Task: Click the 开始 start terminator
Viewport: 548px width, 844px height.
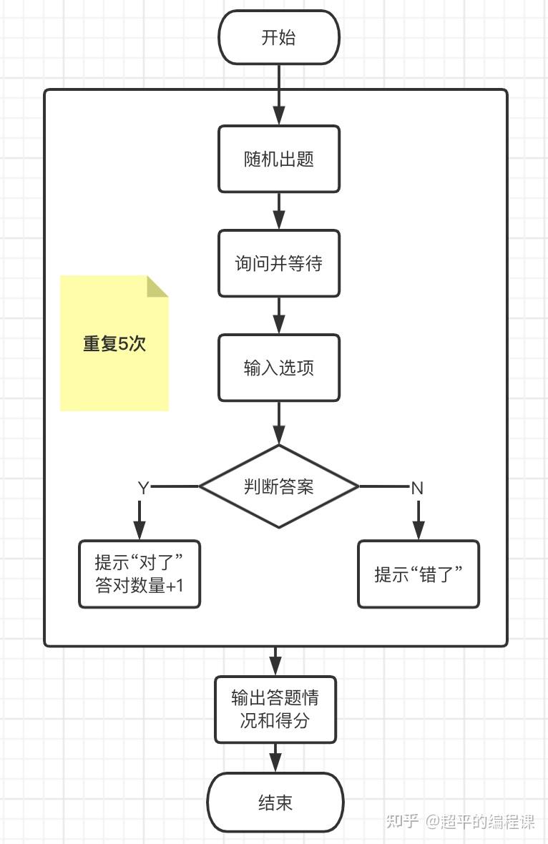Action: [x=278, y=37]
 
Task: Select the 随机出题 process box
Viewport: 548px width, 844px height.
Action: [x=278, y=159]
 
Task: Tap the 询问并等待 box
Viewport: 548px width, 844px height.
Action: [x=278, y=263]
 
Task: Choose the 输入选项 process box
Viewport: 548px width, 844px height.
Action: [x=278, y=368]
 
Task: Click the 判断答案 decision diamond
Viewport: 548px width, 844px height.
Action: [x=278, y=486]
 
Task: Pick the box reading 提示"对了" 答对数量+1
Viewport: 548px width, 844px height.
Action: [x=140, y=574]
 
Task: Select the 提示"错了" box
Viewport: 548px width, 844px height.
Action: [x=418, y=574]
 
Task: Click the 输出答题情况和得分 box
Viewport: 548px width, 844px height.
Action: [x=275, y=709]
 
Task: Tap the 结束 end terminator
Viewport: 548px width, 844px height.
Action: [x=275, y=803]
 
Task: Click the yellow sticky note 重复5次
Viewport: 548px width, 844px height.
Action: [x=114, y=343]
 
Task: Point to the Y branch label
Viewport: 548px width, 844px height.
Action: [x=143, y=488]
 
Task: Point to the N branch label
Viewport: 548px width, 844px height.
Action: [x=417, y=488]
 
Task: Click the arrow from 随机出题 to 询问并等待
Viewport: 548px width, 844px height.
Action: [x=278, y=211]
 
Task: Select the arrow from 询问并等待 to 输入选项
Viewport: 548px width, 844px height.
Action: [x=278, y=315]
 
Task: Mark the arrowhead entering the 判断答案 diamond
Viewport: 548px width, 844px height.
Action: [x=278, y=435]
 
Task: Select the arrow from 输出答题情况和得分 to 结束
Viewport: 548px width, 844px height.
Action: [x=275, y=758]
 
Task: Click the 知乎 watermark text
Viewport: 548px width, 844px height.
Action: [x=402, y=821]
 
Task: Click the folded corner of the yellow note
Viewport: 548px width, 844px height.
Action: [x=158, y=285]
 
